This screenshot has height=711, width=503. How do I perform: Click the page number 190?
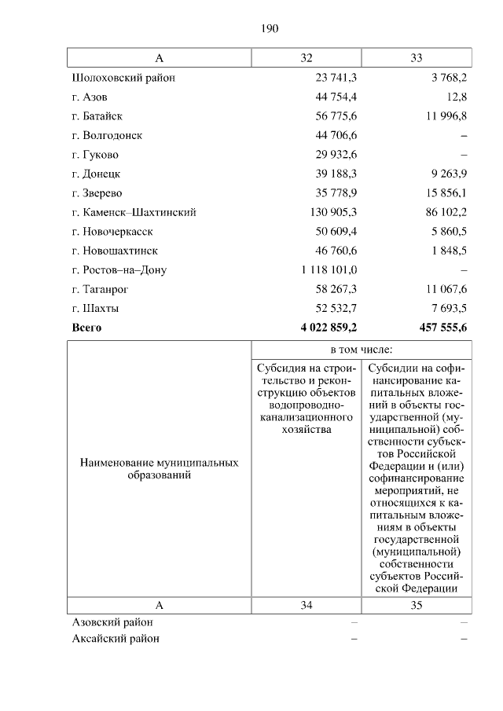tap(270, 29)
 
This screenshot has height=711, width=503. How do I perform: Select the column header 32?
tap(307, 58)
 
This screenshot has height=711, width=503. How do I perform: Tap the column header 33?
tap(417, 58)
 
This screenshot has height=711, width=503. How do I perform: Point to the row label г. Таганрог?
tap(101, 289)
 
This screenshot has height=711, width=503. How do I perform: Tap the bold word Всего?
tap(86, 328)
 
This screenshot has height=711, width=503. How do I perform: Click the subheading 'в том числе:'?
tap(362, 348)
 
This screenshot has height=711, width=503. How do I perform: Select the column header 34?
tap(307, 606)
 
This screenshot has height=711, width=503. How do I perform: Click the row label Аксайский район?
tap(116, 639)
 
